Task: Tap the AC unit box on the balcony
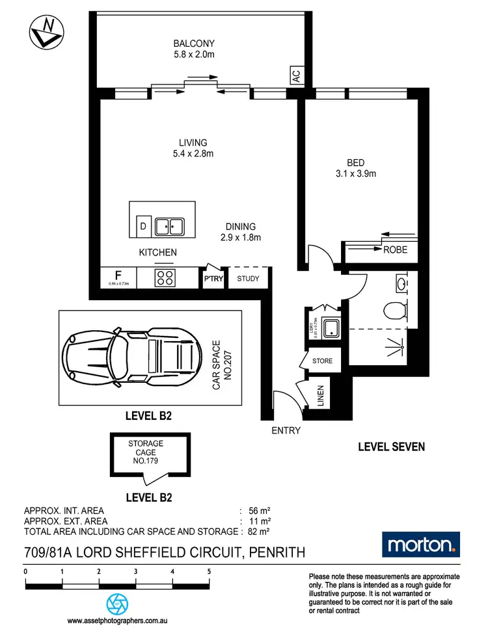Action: [297, 76]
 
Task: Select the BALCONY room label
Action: [193, 44]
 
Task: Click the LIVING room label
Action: [193, 143]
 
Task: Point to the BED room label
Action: [355, 162]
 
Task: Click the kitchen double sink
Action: [169, 227]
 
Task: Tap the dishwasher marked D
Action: [143, 227]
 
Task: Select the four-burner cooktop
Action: [165, 278]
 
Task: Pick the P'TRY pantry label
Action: [213, 279]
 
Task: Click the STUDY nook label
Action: [248, 279]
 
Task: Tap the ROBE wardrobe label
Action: [394, 249]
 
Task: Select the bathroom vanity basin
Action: [401, 283]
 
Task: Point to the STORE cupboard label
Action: [322, 361]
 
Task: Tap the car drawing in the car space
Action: [130, 357]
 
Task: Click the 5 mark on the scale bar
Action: [209, 572]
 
